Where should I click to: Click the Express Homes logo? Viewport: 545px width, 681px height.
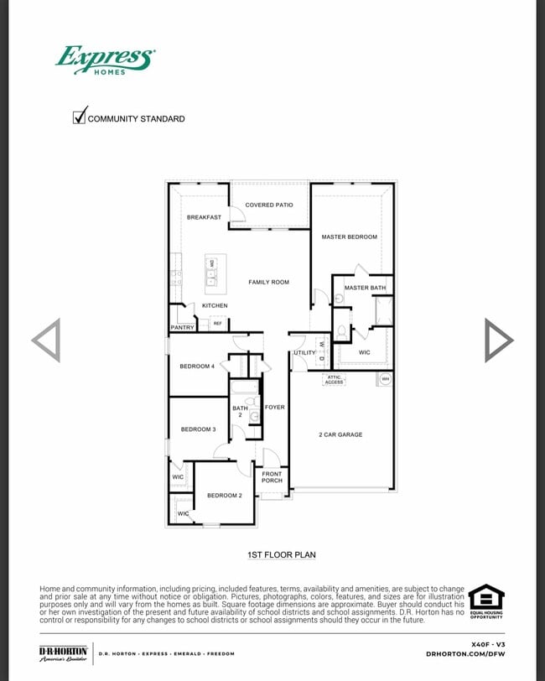point(105,60)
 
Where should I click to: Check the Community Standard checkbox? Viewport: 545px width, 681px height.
point(80,117)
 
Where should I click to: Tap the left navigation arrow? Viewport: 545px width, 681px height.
point(46,340)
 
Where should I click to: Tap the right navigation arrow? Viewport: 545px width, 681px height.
point(499,340)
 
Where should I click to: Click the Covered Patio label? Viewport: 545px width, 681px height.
point(269,205)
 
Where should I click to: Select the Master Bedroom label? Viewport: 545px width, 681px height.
point(350,237)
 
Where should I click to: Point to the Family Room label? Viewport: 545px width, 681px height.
point(268,282)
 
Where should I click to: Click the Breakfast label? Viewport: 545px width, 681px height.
point(204,217)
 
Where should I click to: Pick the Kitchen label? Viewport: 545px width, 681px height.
point(215,305)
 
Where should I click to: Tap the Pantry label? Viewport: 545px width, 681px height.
point(182,327)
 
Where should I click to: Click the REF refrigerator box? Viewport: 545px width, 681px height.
point(217,323)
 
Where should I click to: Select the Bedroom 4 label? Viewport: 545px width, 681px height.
point(197,366)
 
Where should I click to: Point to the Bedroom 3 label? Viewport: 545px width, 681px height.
point(198,429)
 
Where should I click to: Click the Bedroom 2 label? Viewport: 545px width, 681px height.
point(225,495)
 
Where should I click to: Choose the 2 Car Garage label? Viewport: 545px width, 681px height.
point(340,434)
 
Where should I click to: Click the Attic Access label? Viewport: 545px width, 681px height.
point(334,379)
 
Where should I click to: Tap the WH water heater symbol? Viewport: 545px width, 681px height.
point(385,379)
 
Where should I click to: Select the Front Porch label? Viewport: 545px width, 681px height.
point(272,477)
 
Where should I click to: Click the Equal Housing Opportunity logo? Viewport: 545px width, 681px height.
point(486,602)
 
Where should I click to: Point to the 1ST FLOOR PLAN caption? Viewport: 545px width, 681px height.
point(282,554)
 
